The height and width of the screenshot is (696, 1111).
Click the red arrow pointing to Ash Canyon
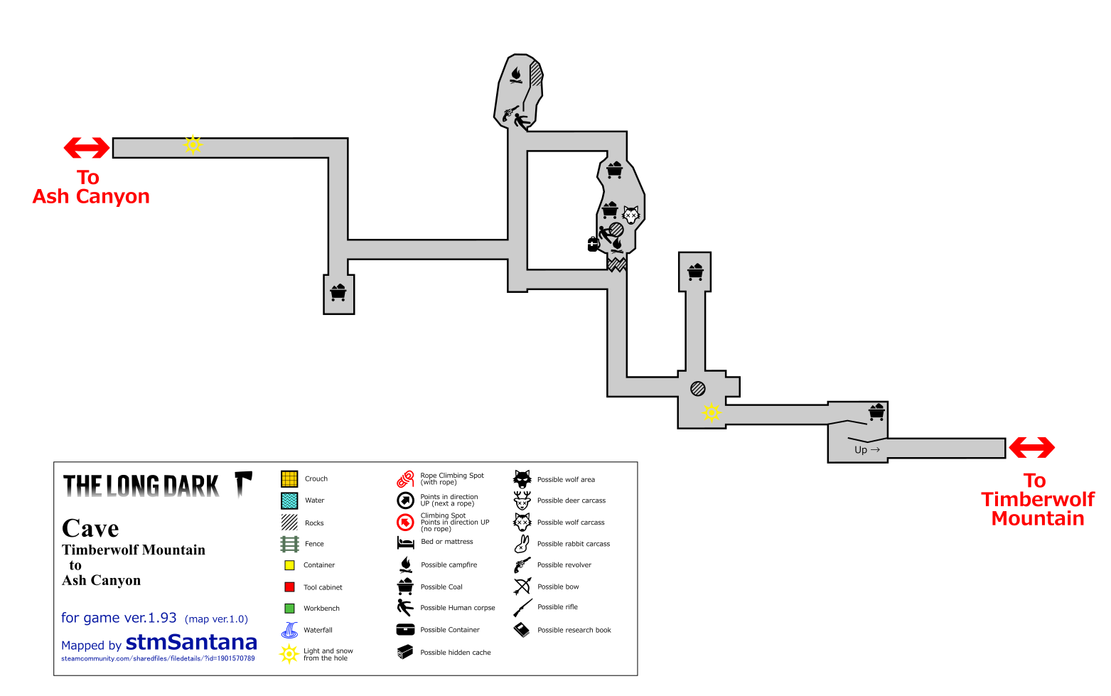86,148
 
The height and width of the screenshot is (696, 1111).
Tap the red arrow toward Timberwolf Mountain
1031,447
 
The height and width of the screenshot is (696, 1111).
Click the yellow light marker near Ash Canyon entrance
193,145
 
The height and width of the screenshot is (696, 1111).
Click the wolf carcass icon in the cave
631,215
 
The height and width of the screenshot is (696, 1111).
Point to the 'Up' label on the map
861,450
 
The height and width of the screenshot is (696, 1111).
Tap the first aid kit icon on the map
594,244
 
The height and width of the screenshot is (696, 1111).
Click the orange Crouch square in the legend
289,478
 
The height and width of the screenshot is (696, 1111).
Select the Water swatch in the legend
289,500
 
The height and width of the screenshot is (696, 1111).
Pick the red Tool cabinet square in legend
289,587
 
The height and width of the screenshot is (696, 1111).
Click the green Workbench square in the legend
289,608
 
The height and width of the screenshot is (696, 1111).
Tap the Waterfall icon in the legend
289,630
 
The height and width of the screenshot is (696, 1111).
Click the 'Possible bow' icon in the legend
522,587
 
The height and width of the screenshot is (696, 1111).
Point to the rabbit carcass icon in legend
522,544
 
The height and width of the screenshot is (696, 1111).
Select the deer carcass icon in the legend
522,500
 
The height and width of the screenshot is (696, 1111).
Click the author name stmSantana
191,643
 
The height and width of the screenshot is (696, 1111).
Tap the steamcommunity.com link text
158,659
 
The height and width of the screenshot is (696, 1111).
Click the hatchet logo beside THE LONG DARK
243,483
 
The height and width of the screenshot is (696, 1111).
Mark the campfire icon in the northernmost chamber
516,75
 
